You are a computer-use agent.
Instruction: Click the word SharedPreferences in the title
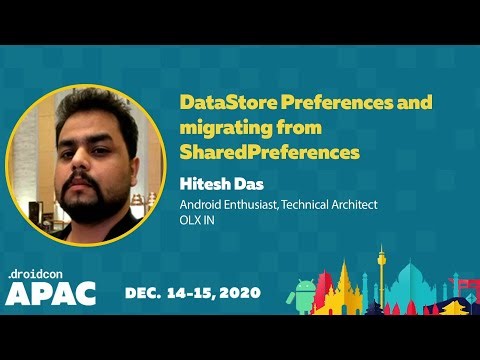[269, 153]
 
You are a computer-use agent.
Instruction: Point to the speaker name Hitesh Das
[217, 184]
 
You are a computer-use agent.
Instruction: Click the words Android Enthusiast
[225, 205]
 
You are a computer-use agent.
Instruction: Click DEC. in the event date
[146, 293]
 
